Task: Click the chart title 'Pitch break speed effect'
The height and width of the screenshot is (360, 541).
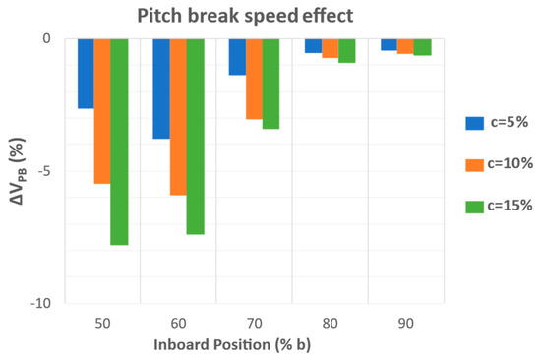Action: pos(245,16)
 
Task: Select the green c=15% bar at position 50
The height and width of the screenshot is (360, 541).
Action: pos(119,142)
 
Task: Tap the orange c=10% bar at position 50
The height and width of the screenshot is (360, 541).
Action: pos(102,111)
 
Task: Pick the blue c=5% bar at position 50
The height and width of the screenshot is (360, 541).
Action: pos(86,74)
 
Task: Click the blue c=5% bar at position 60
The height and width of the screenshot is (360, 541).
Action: pos(161,89)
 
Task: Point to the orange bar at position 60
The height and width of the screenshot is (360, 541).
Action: pos(178,117)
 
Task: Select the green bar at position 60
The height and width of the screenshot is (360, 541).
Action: pos(196,137)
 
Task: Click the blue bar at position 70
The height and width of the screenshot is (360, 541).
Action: pos(237,57)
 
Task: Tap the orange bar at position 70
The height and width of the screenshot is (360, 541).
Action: pos(255,79)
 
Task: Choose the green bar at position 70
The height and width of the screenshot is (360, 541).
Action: pos(270,84)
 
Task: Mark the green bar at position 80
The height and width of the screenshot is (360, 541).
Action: pos(347,51)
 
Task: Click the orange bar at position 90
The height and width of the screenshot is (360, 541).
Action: pos(405,46)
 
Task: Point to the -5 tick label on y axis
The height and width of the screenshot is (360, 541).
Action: pos(44,171)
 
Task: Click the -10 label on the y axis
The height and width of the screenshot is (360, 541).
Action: pos(40,304)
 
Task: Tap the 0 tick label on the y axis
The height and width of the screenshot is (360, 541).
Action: pos(46,38)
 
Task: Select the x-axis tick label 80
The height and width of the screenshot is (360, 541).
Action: pos(330,324)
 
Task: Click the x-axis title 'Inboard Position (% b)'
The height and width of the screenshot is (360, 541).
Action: pos(232,345)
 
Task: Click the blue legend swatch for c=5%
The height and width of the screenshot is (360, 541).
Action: pos(474,123)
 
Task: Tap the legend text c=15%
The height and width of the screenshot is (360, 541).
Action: pos(510,206)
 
